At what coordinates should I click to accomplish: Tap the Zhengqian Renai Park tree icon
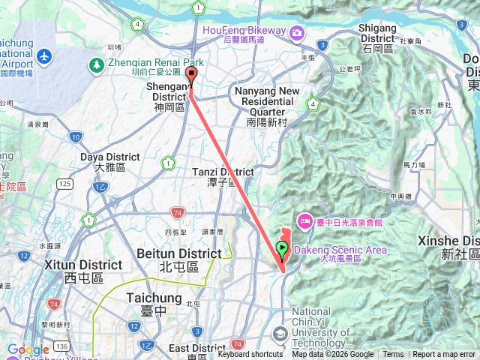point(96,66)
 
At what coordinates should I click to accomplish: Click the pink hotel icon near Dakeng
point(305,220)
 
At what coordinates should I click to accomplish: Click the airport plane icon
point(44,56)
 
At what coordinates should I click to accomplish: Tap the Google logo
point(28,350)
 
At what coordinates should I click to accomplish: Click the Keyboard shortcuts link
point(250,355)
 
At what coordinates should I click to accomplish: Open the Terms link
point(393,355)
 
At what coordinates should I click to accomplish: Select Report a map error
point(445,355)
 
